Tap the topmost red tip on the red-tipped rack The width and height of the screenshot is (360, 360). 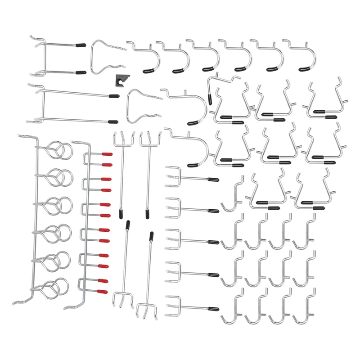click(x=107, y=154)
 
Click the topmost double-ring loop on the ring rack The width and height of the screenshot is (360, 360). click(x=60, y=150)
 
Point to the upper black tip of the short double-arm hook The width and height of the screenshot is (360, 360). click(x=81, y=45)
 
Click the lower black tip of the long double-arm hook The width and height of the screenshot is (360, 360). click(x=113, y=121)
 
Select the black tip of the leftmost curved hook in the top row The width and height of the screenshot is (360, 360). click(x=148, y=71)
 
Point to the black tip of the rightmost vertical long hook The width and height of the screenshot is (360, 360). click(x=152, y=235)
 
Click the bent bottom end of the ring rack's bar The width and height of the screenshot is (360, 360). click(x=19, y=303)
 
